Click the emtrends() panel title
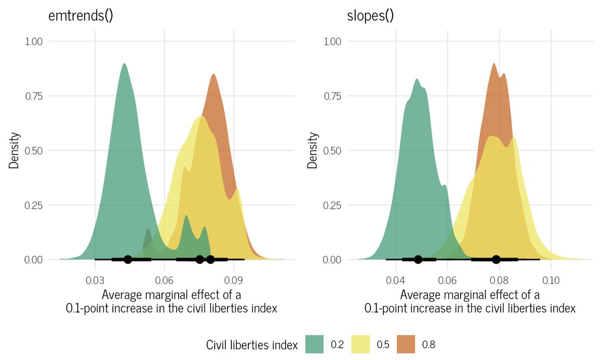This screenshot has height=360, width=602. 80,16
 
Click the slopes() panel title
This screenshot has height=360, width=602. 370,16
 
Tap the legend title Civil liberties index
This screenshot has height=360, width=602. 252,344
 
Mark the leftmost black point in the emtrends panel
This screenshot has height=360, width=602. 128,259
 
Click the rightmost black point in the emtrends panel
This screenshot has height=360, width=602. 210,259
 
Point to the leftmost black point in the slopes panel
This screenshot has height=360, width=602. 418,259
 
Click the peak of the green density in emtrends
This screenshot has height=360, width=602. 124,64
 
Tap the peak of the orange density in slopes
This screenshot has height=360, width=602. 494,64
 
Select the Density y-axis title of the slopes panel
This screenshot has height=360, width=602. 314,150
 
